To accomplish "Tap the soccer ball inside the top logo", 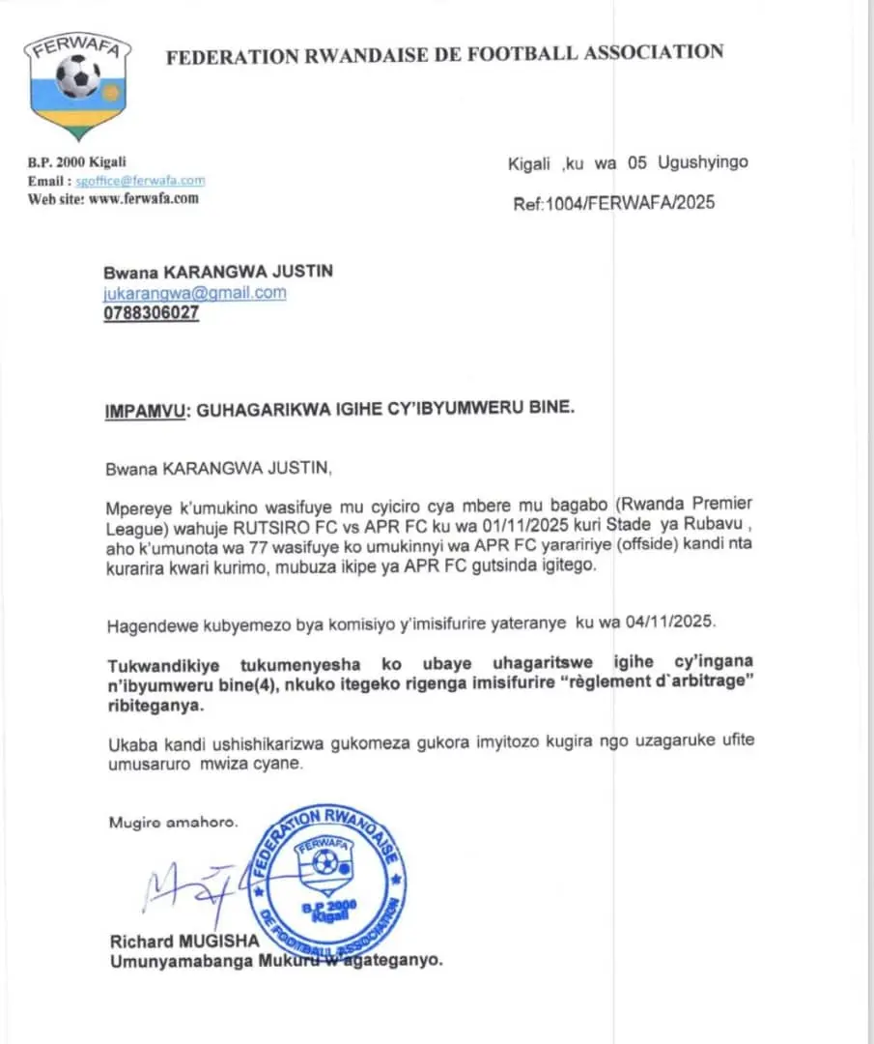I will (78, 75).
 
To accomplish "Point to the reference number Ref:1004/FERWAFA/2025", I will (614, 204).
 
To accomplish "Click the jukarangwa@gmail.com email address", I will (194, 293).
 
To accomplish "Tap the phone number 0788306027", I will (151, 313).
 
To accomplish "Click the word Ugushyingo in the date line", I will (702, 162).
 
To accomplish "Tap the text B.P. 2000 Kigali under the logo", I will (77, 162).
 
